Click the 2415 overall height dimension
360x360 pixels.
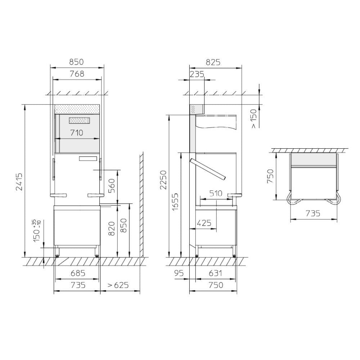19,182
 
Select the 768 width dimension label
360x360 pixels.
77,74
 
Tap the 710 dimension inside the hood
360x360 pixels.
77,133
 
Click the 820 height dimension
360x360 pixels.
111,229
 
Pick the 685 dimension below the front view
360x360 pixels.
78,273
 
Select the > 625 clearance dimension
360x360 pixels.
118,285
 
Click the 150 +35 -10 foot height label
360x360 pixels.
37,230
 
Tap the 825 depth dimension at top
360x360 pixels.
213,62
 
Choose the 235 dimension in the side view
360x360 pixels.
197,74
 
